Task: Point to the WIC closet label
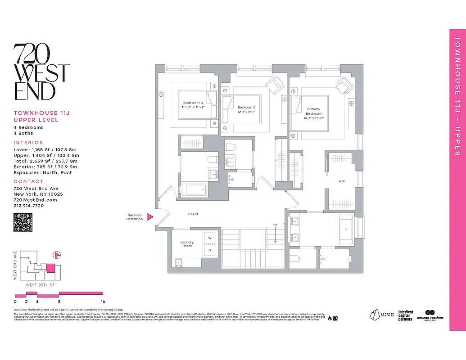click(x=342, y=182)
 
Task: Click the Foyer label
click(x=193, y=214)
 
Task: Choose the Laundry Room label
click(x=187, y=244)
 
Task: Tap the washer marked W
click(x=209, y=238)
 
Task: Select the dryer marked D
click(x=209, y=250)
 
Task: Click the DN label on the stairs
click(x=275, y=225)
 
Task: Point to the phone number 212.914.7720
click(x=29, y=205)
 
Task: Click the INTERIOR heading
click(x=28, y=143)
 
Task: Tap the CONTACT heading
click(x=28, y=181)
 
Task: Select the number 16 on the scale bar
click(x=103, y=301)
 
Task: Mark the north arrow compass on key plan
click(x=57, y=255)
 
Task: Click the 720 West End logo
click(x=41, y=72)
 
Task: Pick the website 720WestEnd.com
click(x=35, y=200)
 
